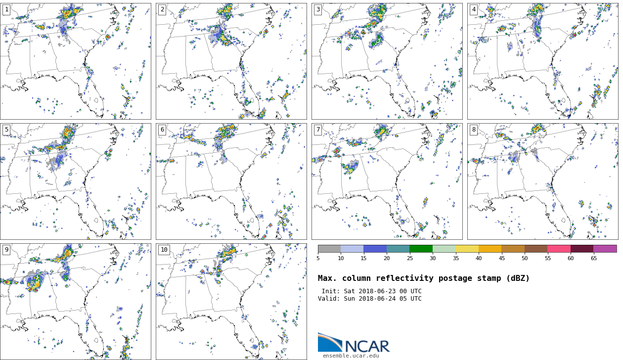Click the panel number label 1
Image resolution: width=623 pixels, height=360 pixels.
point(6,9)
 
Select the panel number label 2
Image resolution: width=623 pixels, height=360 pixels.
point(162,9)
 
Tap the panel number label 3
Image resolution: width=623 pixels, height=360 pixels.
point(318,9)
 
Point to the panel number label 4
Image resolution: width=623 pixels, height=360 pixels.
point(474,9)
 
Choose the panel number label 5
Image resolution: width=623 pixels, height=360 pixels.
point(6,130)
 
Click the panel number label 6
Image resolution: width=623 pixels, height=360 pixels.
point(162,130)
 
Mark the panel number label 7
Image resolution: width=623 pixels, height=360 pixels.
point(318,130)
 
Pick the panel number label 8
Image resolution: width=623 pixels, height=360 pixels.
point(474,130)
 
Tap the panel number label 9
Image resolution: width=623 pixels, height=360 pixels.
point(6,250)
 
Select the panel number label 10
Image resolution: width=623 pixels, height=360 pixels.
point(164,250)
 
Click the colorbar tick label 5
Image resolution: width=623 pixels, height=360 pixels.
point(318,258)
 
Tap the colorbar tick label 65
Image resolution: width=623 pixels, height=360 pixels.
point(593,258)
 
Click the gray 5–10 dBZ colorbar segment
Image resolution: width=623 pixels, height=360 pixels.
point(329,249)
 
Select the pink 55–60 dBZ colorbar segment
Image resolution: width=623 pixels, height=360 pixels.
point(559,249)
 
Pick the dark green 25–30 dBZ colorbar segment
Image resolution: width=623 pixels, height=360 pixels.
point(421,249)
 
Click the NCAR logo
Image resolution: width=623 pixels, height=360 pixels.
point(354,343)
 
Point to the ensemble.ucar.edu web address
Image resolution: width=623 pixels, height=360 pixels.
point(351,356)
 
